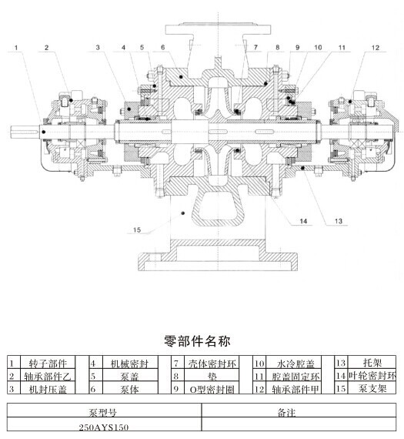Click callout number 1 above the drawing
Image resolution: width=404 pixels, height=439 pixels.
tap(16, 48)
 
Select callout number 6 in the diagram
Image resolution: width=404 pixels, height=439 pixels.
tap(163, 47)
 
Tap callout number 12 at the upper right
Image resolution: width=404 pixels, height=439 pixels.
tap(376, 48)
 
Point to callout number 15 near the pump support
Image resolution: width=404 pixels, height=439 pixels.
tap(136, 230)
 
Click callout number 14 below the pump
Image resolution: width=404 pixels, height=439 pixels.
tap(303, 222)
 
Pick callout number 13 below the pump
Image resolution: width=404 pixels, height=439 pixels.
tap(339, 221)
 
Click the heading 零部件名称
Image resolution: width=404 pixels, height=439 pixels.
tap(197, 341)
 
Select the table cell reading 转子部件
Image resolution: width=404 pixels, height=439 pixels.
tap(48, 363)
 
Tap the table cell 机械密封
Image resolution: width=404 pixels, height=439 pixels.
tap(129, 364)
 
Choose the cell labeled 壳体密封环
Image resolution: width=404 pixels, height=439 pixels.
tap(212, 364)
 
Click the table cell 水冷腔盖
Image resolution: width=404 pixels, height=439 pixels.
tap(294, 364)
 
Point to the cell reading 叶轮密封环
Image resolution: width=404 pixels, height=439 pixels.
tap(372, 376)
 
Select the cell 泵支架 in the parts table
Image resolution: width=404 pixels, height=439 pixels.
tap(372, 388)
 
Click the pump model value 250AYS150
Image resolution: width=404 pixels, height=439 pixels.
tap(104, 427)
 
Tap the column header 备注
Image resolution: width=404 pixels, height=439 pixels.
tap(286, 412)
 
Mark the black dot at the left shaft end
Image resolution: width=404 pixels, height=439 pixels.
tap(43, 132)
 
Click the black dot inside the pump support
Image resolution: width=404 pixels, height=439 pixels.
tap(183, 213)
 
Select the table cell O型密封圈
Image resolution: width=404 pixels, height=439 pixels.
tap(212, 389)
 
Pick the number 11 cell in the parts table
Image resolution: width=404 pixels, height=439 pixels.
tap(259, 376)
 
